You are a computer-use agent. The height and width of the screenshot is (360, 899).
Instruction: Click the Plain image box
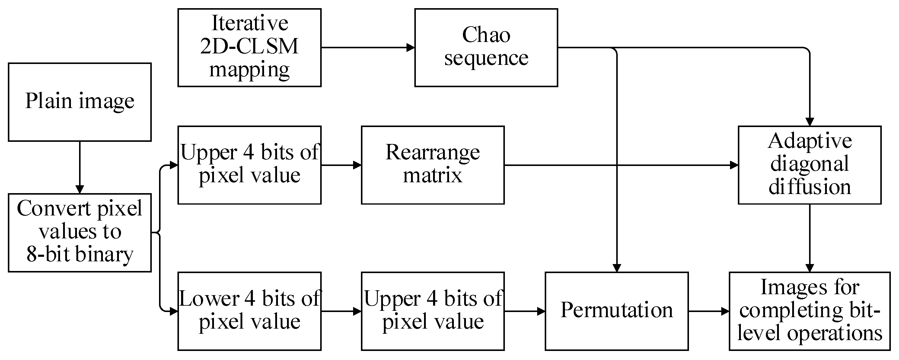[x=80, y=102]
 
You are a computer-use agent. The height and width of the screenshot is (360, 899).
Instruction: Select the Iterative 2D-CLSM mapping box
[x=249, y=48]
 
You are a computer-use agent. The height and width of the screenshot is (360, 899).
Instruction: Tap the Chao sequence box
[x=486, y=48]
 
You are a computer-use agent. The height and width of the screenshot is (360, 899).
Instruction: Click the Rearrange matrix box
[x=432, y=165]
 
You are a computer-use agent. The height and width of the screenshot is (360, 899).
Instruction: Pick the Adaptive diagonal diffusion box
[x=809, y=165]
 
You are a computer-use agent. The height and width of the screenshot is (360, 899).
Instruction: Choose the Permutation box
[x=616, y=311]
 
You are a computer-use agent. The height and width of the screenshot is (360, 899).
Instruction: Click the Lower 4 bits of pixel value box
[x=249, y=311]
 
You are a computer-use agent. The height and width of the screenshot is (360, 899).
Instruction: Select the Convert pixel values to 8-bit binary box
[x=80, y=233]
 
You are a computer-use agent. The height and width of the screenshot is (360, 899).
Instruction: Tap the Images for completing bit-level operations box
[x=809, y=311]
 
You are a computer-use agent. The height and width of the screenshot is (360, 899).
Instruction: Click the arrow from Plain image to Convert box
[x=80, y=167]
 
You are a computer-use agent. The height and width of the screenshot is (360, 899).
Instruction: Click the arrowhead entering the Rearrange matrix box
[x=357, y=165]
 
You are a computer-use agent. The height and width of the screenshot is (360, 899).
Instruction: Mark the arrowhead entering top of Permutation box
[x=617, y=268]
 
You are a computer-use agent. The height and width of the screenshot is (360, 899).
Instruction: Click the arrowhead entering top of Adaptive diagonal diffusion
[x=809, y=121]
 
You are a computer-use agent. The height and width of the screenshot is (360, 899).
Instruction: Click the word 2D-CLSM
[x=249, y=46]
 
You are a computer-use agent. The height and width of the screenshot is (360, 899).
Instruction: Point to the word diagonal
[x=809, y=164]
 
